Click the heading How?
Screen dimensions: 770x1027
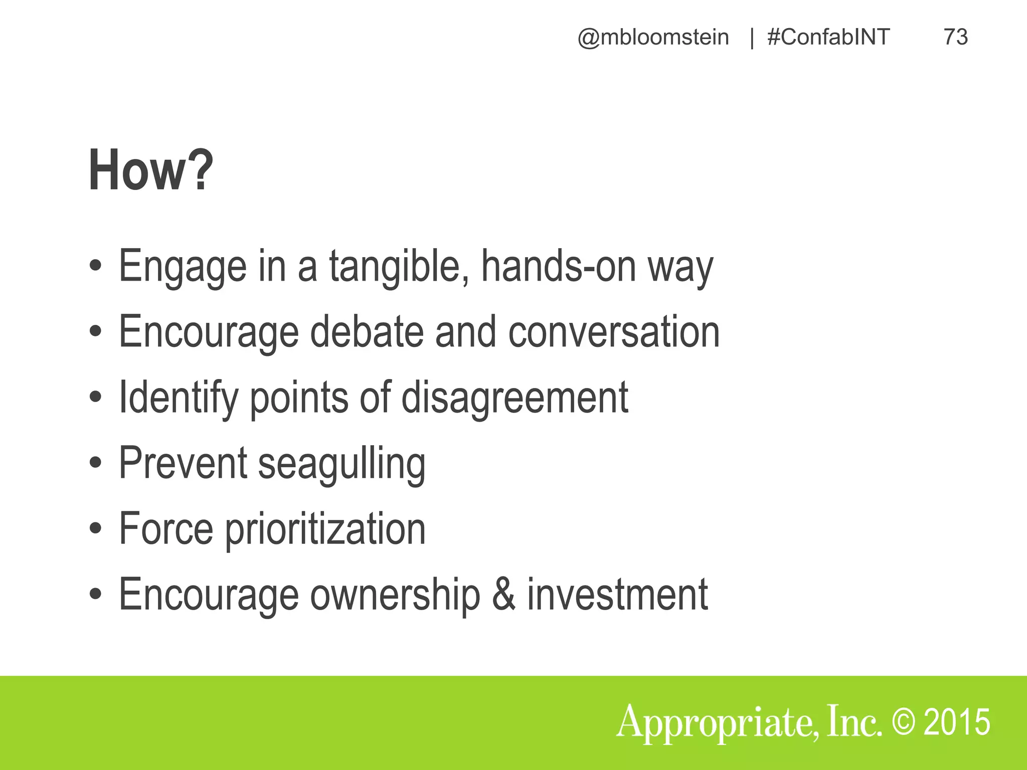(150, 170)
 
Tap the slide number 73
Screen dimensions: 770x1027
(955, 37)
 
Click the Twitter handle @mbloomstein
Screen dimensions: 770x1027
(653, 37)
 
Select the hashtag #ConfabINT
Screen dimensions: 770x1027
(828, 37)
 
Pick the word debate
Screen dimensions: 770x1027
(367, 332)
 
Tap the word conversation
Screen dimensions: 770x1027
(614, 332)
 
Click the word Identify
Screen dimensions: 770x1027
(178, 397)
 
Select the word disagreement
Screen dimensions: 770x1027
(515, 397)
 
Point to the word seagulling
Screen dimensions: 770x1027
(341, 463)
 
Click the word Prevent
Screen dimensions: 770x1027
(183, 463)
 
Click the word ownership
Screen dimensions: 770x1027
(395, 595)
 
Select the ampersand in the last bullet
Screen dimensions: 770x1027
(503, 595)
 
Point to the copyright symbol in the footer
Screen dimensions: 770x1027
(903, 722)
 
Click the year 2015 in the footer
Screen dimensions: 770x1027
(957, 722)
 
